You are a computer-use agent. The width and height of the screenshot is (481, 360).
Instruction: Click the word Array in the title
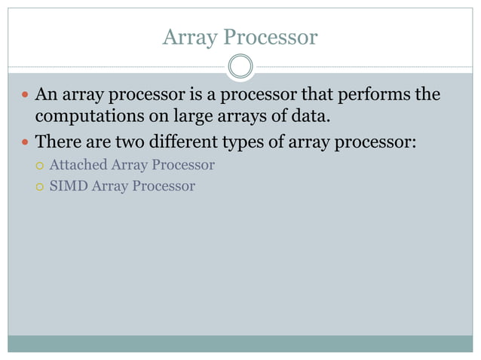[188, 37]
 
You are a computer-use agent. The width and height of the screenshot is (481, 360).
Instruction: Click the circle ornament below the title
[240, 67]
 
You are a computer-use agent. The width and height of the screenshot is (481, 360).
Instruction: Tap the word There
[59, 141]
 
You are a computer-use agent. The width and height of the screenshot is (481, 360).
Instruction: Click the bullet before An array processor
[25, 96]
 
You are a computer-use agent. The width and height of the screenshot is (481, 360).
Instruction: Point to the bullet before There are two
[25, 142]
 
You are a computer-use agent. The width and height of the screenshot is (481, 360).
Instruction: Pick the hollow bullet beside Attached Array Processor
[39, 165]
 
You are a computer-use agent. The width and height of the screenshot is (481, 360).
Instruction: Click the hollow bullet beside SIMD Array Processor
[39, 186]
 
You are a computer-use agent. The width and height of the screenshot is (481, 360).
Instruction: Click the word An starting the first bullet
[46, 96]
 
